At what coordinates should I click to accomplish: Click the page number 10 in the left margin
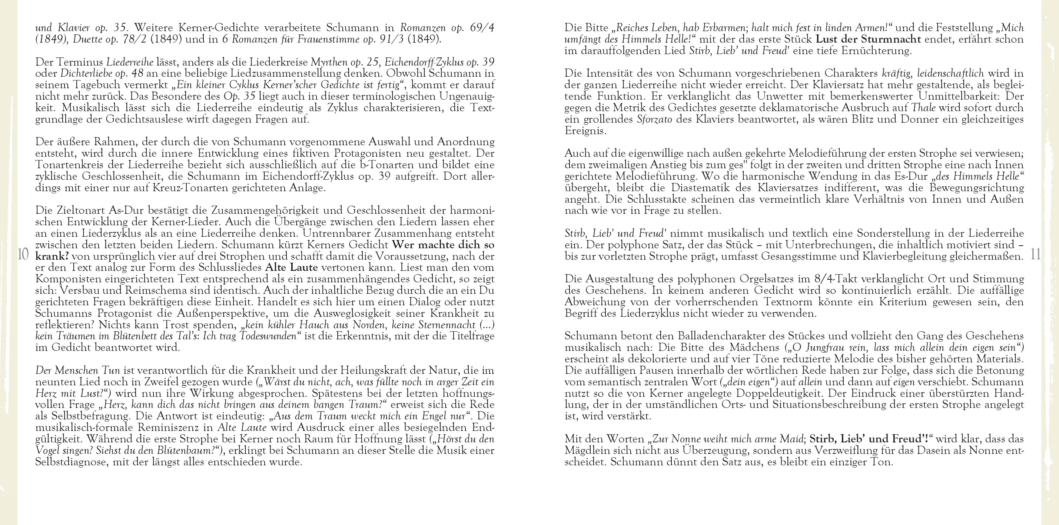(x=23, y=255)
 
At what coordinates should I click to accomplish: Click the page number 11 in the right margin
(x=1036, y=255)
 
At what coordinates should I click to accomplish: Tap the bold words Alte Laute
(x=292, y=267)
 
